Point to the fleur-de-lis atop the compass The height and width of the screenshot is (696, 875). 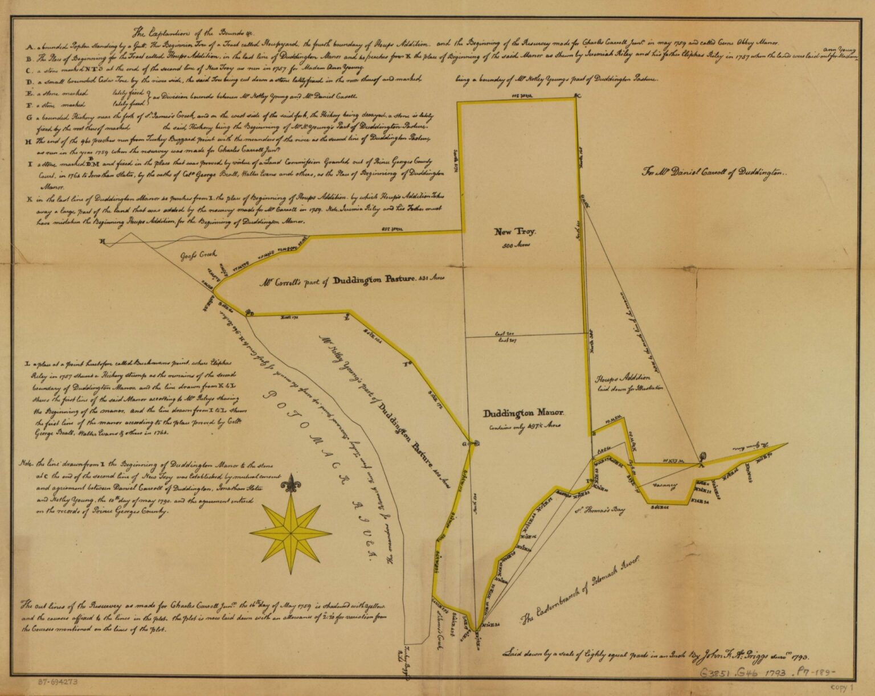coord(291,486)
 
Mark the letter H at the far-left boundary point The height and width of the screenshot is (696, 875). coord(103,242)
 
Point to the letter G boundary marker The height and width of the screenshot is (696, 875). coord(464,443)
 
